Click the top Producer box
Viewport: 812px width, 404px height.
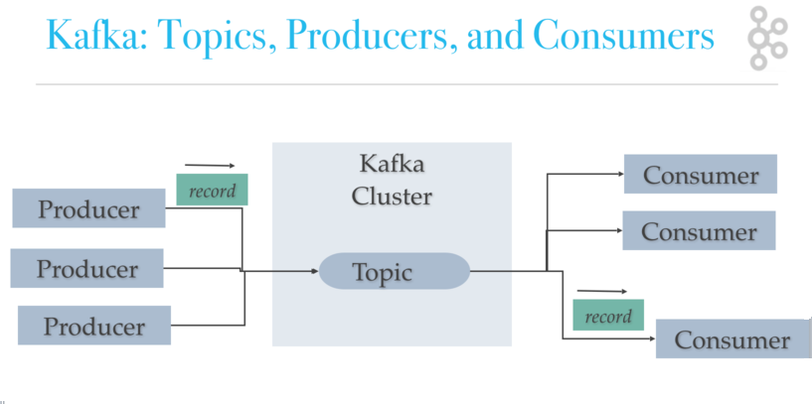tap(88, 208)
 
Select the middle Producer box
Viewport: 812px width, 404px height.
tap(86, 268)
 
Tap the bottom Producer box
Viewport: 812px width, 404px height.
tap(93, 326)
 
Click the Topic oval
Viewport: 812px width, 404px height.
tap(394, 271)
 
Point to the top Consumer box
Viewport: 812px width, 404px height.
tap(700, 175)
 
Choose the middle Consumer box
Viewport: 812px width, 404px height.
tap(698, 231)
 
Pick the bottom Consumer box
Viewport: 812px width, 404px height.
tap(732, 339)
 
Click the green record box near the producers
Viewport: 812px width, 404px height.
tap(212, 191)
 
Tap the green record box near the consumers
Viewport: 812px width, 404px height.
tap(608, 316)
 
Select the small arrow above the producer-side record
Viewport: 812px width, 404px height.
tap(210, 166)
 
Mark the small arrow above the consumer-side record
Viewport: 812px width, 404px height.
tap(602, 292)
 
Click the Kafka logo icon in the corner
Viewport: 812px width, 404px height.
tap(766, 39)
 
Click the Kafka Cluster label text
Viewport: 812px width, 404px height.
tap(392, 180)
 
